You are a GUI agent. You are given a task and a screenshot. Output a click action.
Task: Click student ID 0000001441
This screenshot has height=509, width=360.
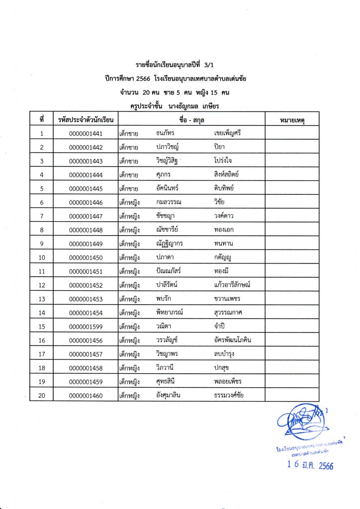[x=86, y=133]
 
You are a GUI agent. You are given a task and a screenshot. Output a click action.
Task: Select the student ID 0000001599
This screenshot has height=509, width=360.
[x=86, y=327]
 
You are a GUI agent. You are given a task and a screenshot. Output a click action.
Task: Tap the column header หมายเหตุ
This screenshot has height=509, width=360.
[x=292, y=120]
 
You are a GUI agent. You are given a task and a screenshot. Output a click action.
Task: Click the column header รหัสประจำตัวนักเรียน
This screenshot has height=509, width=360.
[x=86, y=120]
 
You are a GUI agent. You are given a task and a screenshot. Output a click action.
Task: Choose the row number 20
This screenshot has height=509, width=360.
[x=42, y=395]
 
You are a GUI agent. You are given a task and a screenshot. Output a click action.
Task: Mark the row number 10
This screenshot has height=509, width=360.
[x=42, y=257]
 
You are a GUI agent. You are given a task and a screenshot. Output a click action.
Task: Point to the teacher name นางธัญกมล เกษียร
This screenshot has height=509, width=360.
[x=199, y=106]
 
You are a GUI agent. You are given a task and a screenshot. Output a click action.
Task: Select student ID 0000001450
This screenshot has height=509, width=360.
[x=86, y=257]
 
